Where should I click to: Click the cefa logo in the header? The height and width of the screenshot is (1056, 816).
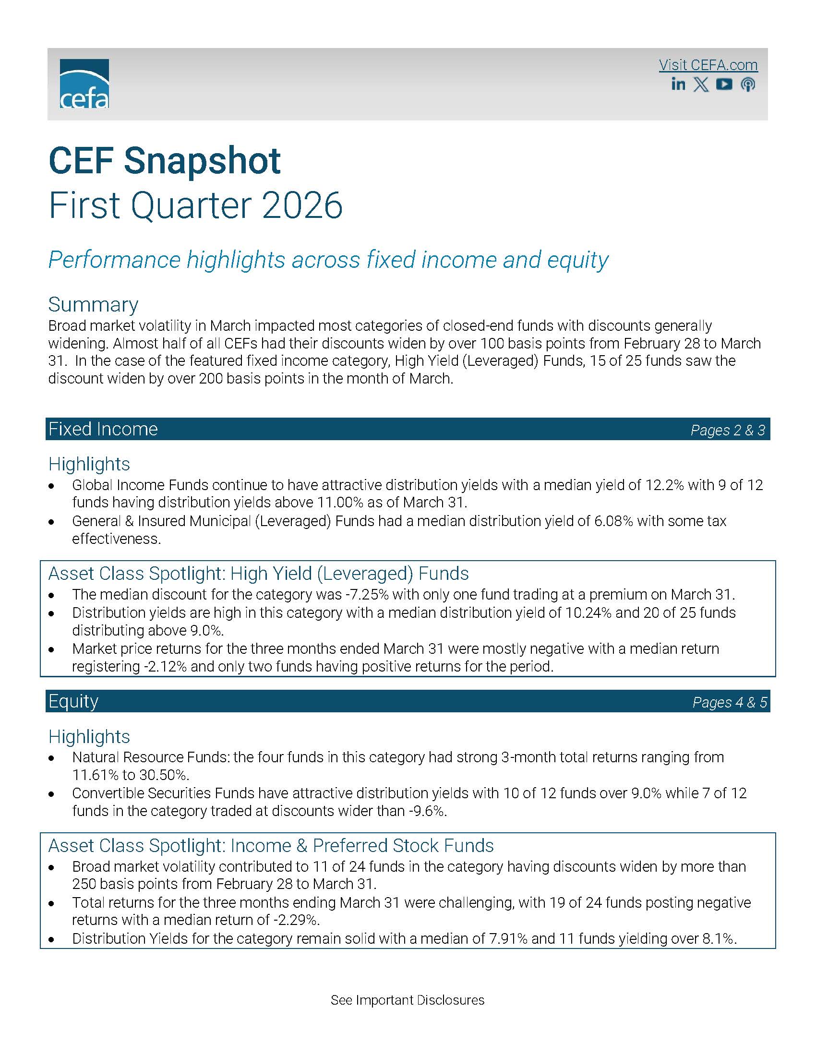[84, 84]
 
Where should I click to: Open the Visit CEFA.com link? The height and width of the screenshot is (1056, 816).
[708, 65]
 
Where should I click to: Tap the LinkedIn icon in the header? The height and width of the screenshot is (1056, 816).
[678, 84]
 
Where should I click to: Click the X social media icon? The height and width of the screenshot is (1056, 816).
[701, 84]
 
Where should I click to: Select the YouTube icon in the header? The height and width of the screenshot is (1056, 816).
[724, 84]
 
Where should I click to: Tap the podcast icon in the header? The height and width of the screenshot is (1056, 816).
[747, 84]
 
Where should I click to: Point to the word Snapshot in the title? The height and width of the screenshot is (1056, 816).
[202, 160]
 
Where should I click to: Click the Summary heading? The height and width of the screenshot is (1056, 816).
[93, 305]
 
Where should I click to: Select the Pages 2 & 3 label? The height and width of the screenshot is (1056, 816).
[728, 430]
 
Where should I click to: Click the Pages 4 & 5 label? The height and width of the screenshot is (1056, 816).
[730, 702]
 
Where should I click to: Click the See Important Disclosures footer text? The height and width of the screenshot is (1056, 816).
[408, 1000]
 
